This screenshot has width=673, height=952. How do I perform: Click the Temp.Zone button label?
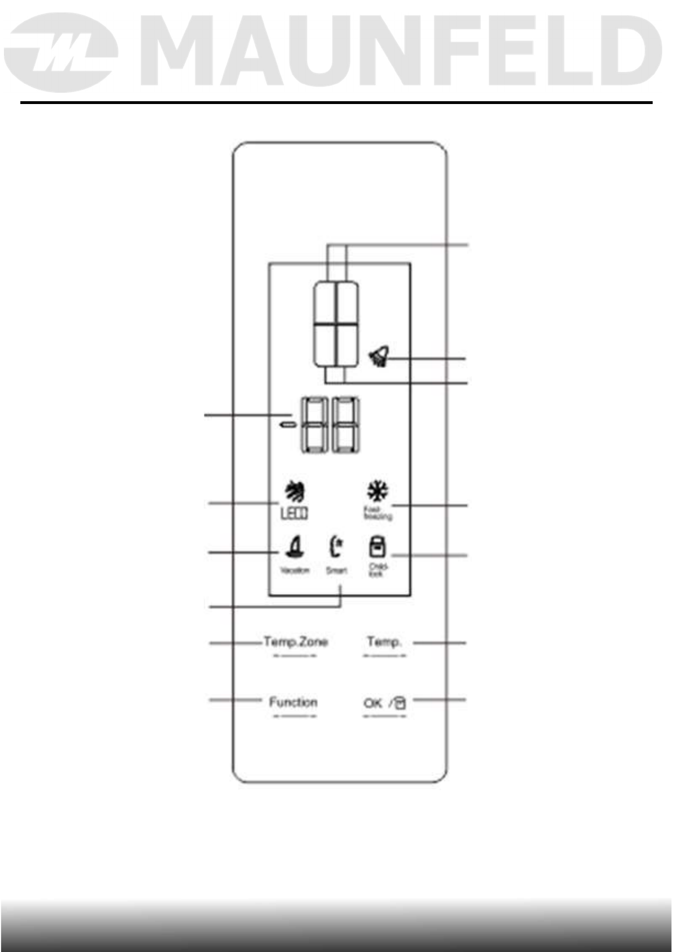295,642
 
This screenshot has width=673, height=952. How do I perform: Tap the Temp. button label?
384,642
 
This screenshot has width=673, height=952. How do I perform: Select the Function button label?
293,703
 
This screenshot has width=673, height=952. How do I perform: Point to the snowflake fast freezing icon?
377,491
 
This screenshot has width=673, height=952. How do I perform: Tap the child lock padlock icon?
377,547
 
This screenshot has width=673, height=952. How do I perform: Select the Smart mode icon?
336,547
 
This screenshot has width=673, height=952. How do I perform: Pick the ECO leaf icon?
294,492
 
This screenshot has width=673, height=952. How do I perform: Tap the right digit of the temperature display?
346,425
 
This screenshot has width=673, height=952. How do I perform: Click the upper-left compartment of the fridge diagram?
326,303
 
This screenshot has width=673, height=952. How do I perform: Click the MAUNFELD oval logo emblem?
61,53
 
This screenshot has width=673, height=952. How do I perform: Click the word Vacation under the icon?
295,570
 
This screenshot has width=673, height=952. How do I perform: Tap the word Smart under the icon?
336,570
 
